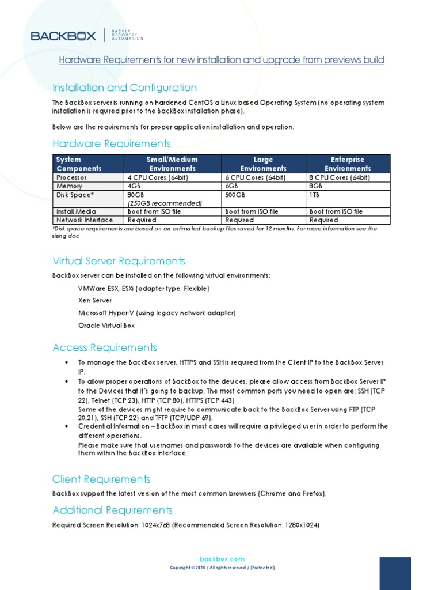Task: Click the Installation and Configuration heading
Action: click(124, 88)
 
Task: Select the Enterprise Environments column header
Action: click(348, 164)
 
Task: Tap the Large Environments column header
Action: click(263, 164)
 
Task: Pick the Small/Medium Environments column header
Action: click(173, 164)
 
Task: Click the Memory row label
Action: click(69, 186)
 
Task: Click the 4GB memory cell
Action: click(134, 186)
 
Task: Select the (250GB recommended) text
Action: click(165, 203)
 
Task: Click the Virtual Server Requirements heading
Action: click(119, 261)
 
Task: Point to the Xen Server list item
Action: click(95, 300)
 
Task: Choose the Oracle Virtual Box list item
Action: click(106, 326)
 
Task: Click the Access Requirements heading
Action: click(104, 347)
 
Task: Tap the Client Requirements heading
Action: click(101, 479)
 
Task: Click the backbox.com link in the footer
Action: click(222, 559)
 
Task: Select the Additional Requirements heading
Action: click(112, 510)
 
